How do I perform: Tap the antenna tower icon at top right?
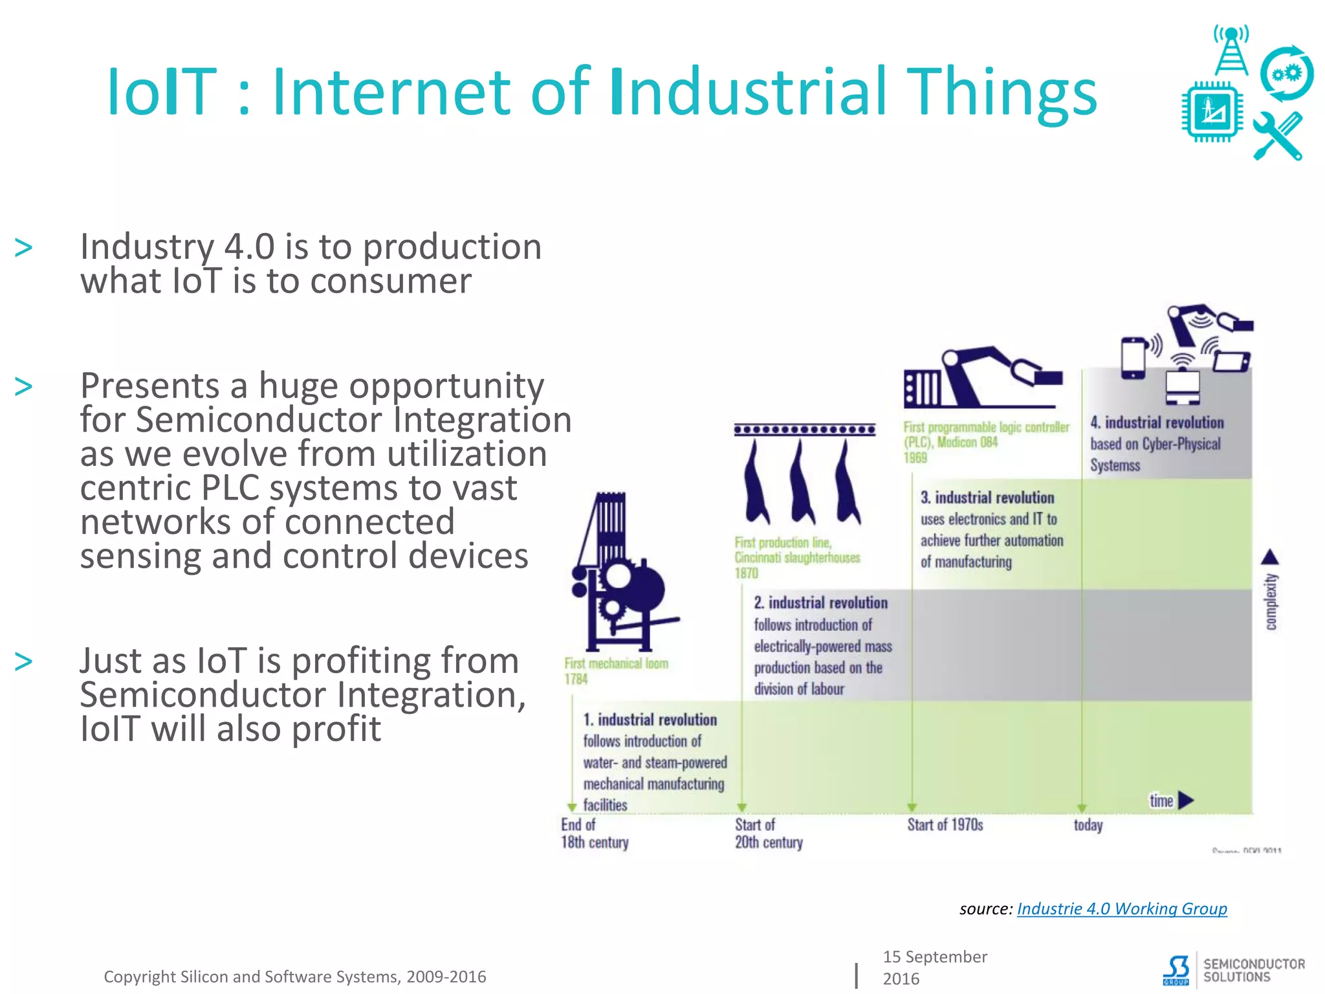1231,50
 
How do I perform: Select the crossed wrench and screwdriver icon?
1277,137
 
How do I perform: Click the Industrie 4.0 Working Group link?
1121,909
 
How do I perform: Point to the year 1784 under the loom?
575,679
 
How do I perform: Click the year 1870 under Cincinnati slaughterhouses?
746,573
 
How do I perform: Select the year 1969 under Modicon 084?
915,458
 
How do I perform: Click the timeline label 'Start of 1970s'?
945,824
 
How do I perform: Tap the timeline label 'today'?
1088,825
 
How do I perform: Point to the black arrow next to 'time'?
1185,801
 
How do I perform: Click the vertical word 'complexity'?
1271,601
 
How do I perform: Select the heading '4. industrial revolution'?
1157,423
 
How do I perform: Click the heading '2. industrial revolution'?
820,602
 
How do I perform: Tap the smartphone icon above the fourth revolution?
1133,358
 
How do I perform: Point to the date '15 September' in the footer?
934,956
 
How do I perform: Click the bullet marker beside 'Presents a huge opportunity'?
24,387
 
